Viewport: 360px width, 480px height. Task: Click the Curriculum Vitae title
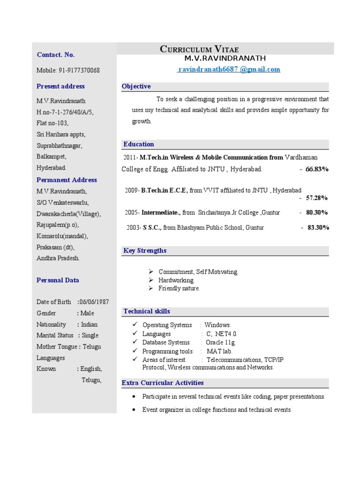pos(199,49)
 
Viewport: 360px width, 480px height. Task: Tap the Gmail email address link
pos(228,69)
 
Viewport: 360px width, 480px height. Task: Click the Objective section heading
pos(136,86)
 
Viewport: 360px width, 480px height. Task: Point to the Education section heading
pos(139,144)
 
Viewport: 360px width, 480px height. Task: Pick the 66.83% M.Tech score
pos(317,169)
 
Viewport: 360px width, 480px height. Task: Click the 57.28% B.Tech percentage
pos(317,198)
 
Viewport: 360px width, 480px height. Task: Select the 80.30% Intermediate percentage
pos(317,212)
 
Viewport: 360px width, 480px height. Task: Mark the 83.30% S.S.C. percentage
pos(318,227)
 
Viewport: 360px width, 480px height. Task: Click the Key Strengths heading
pos(145,250)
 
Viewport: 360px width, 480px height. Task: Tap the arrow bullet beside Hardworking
pos(151,280)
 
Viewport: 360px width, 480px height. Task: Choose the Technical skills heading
pos(147,311)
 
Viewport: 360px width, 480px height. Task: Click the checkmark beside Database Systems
pos(135,342)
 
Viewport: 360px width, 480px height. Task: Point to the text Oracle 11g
pos(219,343)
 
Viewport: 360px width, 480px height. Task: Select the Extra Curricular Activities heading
pos(163,382)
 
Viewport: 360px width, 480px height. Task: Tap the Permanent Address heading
pos(67,180)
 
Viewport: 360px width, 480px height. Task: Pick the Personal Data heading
pos(58,280)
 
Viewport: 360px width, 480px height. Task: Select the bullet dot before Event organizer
pos(135,409)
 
